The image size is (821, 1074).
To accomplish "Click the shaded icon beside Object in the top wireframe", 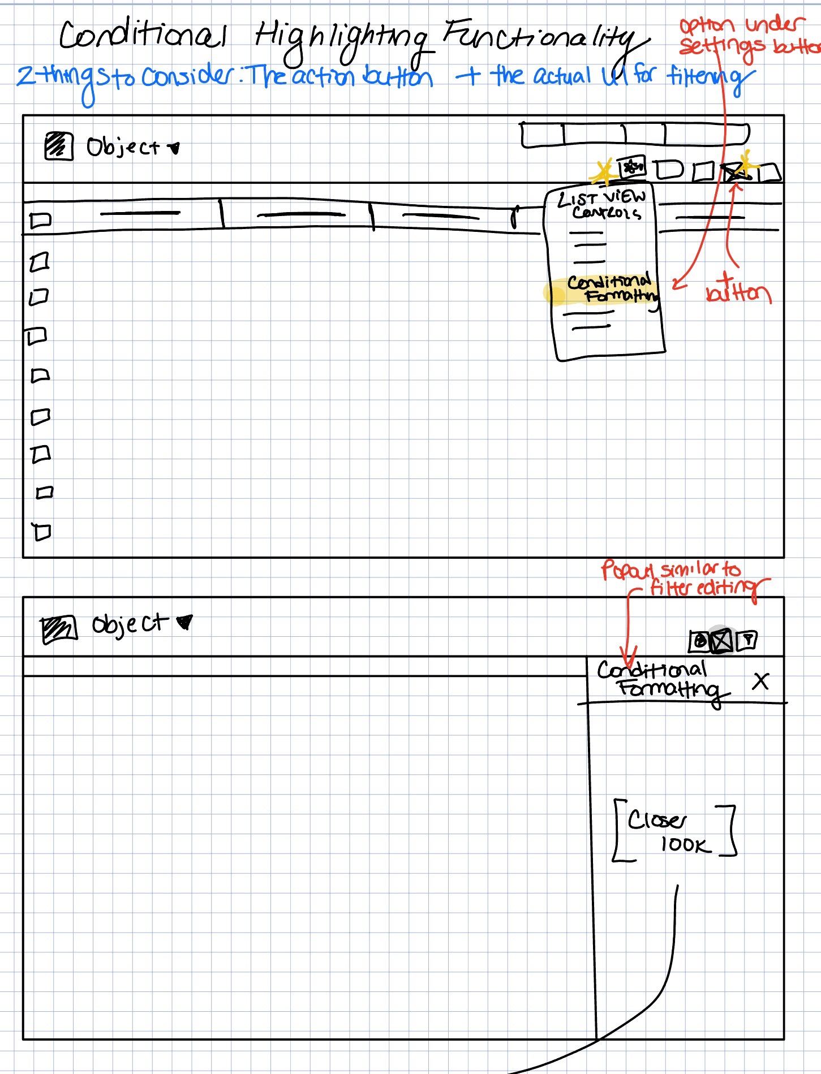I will point(58,146).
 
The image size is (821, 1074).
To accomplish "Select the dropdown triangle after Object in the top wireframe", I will point(174,148).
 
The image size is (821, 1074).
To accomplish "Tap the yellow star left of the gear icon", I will point(604,171).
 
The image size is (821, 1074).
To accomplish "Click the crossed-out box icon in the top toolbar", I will point(734,172).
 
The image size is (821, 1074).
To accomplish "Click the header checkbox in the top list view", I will point(40,220).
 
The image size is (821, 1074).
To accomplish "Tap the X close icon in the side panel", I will point(760,681).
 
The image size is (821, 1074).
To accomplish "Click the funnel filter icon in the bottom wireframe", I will point(747,640).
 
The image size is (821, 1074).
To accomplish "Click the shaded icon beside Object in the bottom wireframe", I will point(58,629).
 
